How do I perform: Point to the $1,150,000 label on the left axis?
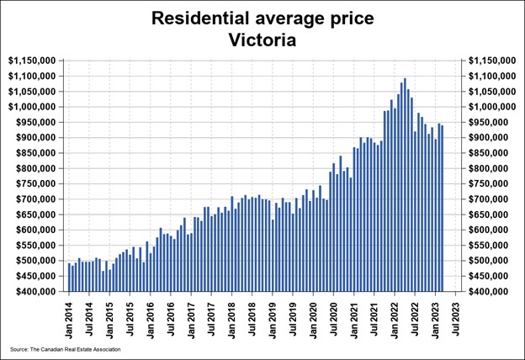coord(32,61)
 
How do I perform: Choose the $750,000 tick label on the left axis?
coord(32,184)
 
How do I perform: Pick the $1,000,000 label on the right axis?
coord(492,107)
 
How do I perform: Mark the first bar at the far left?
coord(69,278)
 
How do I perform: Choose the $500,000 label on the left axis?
coord(32,261)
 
